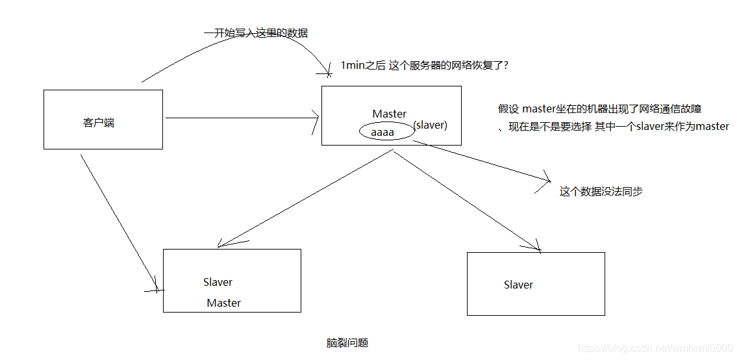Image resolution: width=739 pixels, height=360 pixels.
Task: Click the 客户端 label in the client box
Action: point(99,123)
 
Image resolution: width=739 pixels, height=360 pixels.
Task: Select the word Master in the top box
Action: point(389,114)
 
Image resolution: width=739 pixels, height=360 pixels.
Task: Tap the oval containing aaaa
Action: point(387,132)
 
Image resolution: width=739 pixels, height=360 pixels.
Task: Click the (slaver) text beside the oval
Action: point(430,125)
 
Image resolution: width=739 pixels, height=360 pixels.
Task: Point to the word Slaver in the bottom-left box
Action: point(218,282)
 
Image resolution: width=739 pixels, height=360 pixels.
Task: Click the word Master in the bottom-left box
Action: point(223,303)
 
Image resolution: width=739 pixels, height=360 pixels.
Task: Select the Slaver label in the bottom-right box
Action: point(518,285)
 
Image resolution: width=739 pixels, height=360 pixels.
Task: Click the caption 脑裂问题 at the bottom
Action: point(347,342)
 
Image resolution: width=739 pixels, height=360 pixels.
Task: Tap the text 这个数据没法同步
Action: point(601,192)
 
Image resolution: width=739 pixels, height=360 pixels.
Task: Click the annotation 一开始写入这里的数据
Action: point(255,32)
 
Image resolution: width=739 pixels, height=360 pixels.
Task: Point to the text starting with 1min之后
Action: point(424,65)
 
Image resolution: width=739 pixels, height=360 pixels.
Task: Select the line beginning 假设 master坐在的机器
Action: point(599,109)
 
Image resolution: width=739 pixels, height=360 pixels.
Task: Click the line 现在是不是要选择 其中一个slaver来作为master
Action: point(614,127)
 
